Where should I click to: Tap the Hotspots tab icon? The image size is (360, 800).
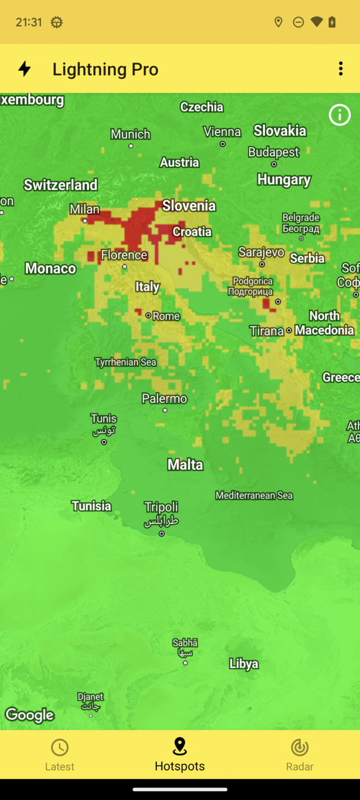coord(180,746)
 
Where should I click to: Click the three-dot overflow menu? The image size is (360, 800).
coord(341,69)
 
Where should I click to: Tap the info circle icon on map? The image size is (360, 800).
coord(340,115)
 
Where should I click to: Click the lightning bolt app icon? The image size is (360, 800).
coord(24,69)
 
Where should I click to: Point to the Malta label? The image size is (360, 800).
coord(185,465)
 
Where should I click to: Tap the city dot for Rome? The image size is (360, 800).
coord(148,316)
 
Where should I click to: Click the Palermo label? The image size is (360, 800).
coord(164,399)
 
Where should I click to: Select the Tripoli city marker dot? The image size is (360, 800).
coord(162,534)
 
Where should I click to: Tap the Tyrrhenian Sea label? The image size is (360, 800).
coord(125,362)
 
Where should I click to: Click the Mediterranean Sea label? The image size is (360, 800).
coord(254,495)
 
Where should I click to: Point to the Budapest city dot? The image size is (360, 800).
coord(274,164)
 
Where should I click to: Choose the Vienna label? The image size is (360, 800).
coord(222,132)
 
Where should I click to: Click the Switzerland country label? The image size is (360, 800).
coord(60,185)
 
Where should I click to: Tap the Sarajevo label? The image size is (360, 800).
coord(261,253)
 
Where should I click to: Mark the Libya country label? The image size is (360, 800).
coord(244,664)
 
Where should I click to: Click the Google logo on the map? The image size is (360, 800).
coord(30,715)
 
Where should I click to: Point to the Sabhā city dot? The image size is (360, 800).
coord(185,663)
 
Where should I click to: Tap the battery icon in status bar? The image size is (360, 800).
coord(332,22)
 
